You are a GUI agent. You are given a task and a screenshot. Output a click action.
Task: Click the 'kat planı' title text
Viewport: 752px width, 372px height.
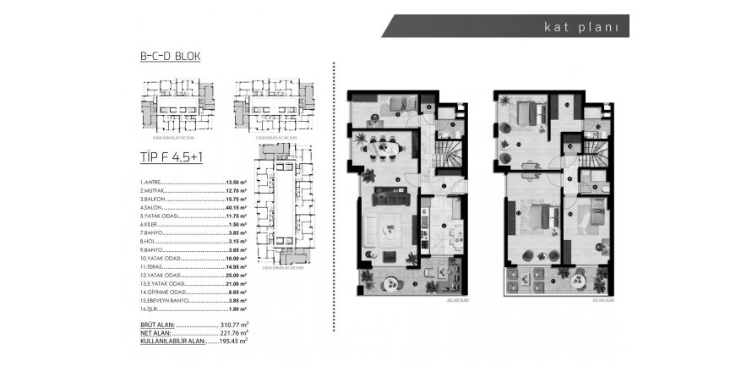pyautogui.click(x=582, y=25)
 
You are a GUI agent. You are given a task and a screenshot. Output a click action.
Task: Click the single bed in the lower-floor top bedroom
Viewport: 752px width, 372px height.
pyautogui.click(x=398, y=105)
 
